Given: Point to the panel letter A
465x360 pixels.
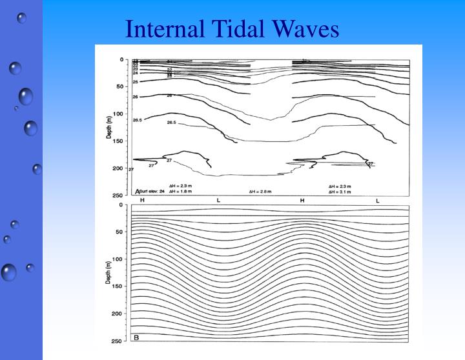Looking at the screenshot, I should point(138,191).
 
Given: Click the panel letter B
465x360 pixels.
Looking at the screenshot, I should point(136,336).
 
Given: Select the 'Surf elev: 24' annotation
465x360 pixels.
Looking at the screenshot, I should point(150,192).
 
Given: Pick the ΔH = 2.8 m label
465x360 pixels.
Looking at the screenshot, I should point(260,192).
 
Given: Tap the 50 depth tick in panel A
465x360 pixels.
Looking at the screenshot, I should point(119,86).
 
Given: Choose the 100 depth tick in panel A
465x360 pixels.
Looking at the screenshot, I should point(118,114).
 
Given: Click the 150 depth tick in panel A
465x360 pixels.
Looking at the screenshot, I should point(118,141).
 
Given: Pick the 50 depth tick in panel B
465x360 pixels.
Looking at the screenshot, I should point(119,232).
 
